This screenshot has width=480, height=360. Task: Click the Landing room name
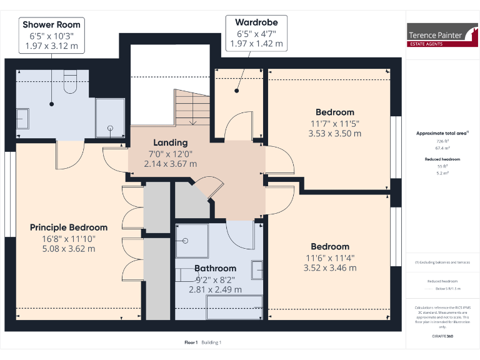pyautogui.click(x=170, y=142)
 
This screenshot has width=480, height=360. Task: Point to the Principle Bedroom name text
pyautogui.click(x=69, y=227)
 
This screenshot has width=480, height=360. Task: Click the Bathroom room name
pyautogui.click(x=215, y=269)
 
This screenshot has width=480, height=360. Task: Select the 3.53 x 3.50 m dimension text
pyautogui.click(x=334, y=134)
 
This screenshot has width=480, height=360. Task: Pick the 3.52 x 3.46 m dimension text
pyautogui.click(x=330, y=268)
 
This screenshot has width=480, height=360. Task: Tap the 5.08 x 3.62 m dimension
pyautogui.click(x=69, y=249)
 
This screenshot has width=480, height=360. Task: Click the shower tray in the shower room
pyautogui.click(x=110, y=119)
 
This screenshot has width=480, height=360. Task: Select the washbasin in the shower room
pyautogui.click(x=22, y=117)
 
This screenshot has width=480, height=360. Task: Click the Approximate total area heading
pyautogui.click(x=442, y=133)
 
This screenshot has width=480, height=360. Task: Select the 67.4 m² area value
pyautogui.click(x=442, y=149)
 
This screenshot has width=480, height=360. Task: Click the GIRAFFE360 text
pyautogui.click(x=442, y=337)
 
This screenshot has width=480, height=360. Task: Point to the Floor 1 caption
pyautogui.click(x=191, y=342)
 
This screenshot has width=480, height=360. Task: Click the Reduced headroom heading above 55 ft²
pyautogui.click(x=442, y=159)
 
